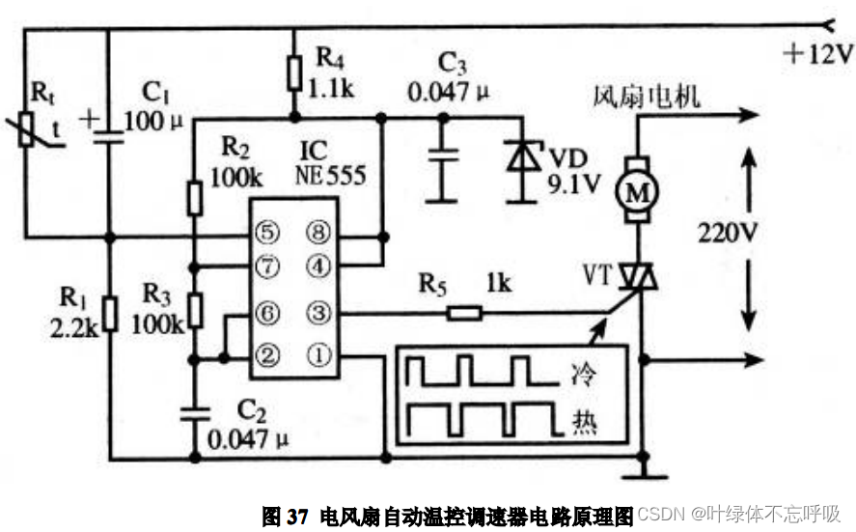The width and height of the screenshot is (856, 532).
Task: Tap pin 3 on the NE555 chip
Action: click(318, 313)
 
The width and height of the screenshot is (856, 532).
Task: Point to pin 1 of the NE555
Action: click(318, 355)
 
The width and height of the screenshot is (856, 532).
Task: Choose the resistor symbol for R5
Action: click(464, 313)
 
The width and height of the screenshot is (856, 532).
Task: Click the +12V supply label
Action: click(817, 55)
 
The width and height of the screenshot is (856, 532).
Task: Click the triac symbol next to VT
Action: click(637, 279)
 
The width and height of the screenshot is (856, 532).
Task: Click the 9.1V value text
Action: click(574, 182)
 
